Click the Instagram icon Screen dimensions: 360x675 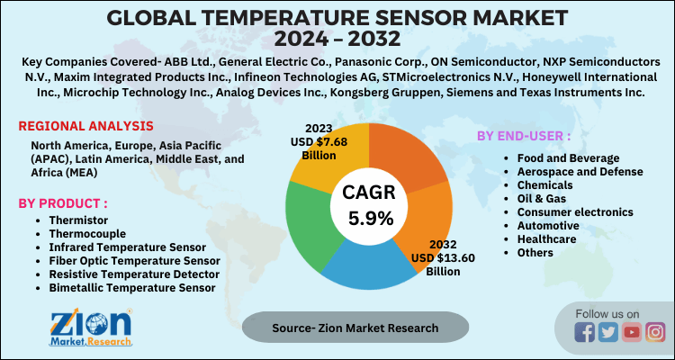[654, 333]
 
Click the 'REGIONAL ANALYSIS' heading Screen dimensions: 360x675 [85, 126]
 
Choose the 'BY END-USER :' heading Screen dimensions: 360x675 [523, 136]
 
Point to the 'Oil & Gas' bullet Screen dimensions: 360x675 [534, 198]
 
